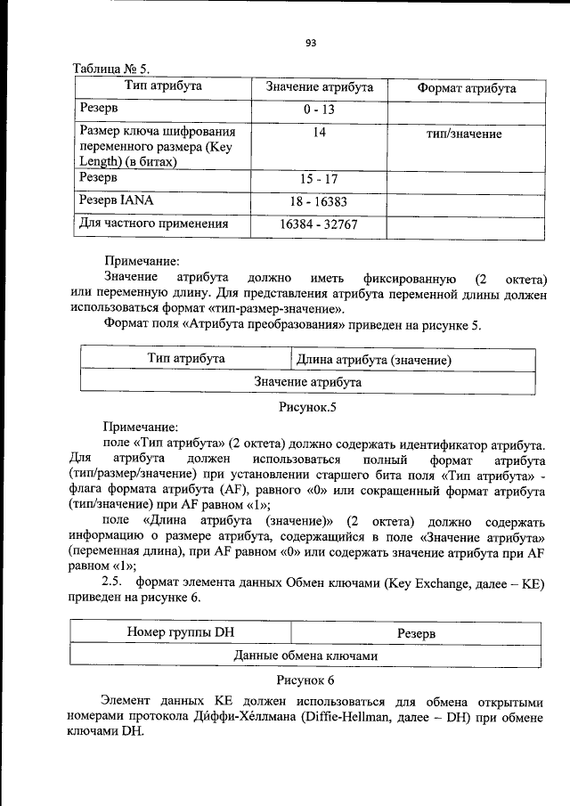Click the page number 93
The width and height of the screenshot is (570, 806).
pos(310,42)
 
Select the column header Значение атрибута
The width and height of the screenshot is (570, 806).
pos(320,87)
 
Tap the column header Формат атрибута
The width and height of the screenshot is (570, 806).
pos(466,88)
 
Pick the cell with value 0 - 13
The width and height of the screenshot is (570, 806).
pos(319,110)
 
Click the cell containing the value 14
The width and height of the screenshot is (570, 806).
pos(319,134)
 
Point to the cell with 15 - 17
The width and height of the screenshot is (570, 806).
pos(319,179)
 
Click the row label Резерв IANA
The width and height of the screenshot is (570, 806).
pos(117,201)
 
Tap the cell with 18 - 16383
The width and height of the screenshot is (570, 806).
pos(319,202)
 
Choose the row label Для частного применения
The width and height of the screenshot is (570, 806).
pos(153,224)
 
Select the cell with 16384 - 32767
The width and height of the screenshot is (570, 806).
pos(319,224)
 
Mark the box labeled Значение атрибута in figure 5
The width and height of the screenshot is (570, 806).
pos(307,381)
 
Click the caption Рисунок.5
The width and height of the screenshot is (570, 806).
pos(306,407)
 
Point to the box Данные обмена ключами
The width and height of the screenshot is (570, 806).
pos(306,655)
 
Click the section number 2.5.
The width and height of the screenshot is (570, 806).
pos(112,582)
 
